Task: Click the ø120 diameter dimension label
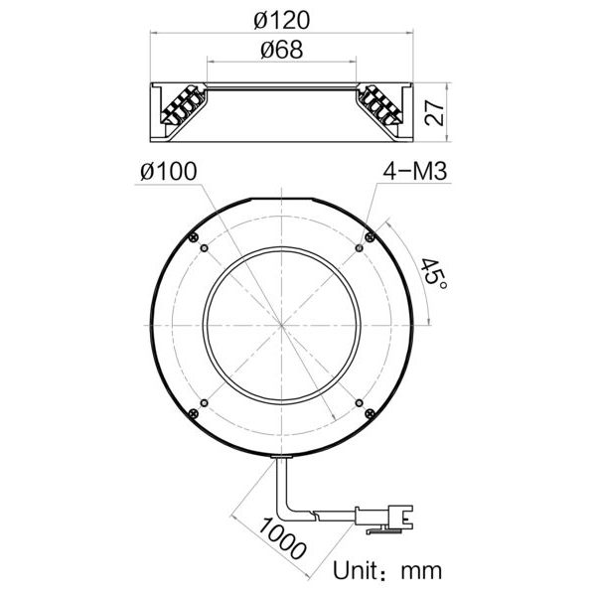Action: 282,20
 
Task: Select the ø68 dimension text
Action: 282,50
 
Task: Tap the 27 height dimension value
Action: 434,112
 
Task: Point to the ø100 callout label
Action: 169,171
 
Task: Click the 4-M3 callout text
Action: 414,171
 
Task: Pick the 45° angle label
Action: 433,273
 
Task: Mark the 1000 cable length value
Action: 282,538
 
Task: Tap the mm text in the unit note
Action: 421,572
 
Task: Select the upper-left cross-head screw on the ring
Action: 194,237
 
